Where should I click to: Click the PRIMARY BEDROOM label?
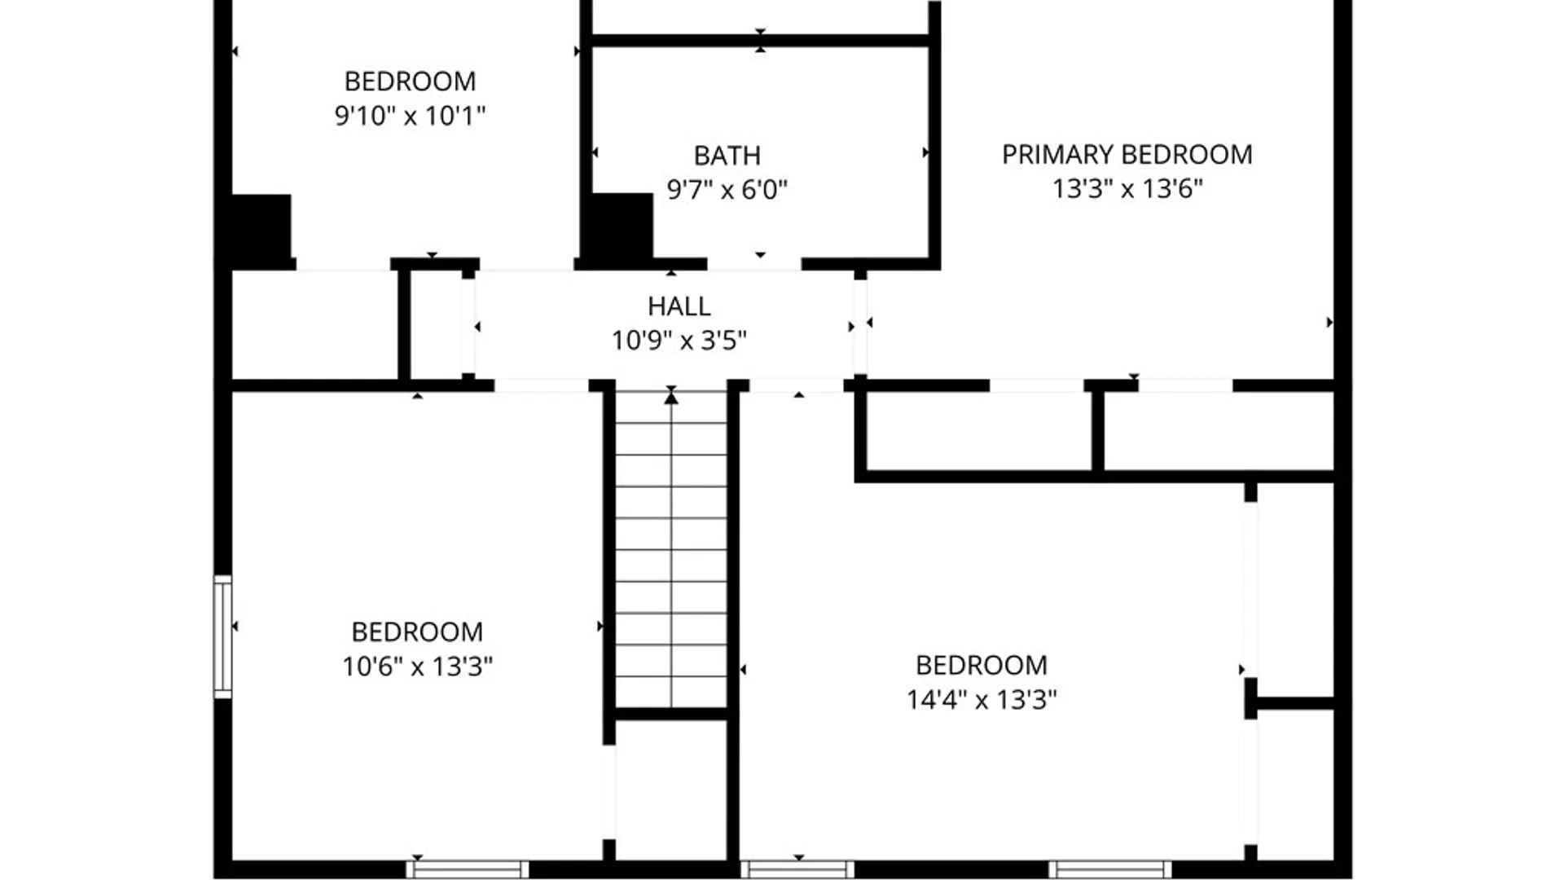1127,155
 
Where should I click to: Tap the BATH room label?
727,156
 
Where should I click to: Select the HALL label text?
679,306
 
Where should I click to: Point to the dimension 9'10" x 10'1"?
410,116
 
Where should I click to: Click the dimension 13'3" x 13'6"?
1127,189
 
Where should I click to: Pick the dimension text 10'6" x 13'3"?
417,667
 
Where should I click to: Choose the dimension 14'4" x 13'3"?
982,699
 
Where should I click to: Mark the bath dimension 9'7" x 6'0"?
727,190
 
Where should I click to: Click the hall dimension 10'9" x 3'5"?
679,340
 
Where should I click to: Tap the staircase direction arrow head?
671,398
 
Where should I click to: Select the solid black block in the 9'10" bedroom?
261,226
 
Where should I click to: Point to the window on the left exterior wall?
222,636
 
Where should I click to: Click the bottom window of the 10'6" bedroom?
468,869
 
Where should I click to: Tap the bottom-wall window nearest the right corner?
1109,869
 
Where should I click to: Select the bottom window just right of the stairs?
797,869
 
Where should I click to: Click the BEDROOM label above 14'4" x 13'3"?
982,666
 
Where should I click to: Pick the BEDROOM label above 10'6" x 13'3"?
417,632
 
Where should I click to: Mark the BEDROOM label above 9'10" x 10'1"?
410,81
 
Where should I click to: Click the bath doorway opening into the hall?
754,264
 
